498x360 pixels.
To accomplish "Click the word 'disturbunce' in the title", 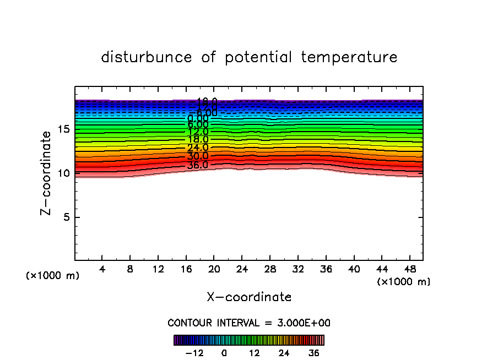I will click(x=147, y=57).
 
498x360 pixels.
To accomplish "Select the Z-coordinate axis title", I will click(x=48, y=172).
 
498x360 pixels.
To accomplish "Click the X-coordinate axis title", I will click(x=249, y=297).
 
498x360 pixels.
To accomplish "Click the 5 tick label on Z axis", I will click(x=65, y=217).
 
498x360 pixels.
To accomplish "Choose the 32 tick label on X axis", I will click(x=297, y=269).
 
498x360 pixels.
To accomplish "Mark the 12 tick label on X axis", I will click(x=158, y=269).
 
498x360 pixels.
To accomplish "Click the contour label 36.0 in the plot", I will click(x=197, y=165).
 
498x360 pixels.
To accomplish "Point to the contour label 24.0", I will click(x=197, y=148).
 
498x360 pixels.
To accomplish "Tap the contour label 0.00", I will click(x=198, y=118).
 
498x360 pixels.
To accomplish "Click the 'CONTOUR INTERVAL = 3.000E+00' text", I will click(x=249, y=323).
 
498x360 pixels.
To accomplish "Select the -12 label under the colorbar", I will click(x=194, y=353).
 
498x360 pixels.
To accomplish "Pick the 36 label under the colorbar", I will click(x=314, y=353).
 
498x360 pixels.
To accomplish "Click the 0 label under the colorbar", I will click(x=224, y=353).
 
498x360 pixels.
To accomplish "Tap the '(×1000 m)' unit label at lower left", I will click(x=53, y=276).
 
